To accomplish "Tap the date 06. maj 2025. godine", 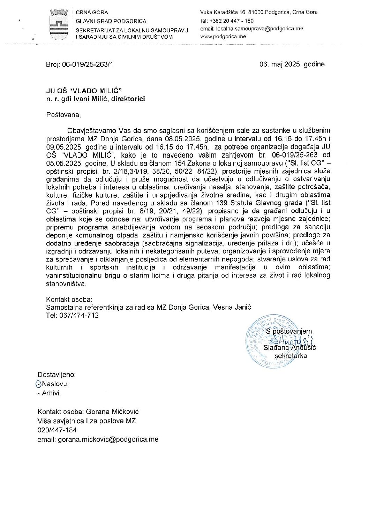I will (292, 65).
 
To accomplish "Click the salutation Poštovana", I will (60, 115).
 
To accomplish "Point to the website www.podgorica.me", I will (223, 36).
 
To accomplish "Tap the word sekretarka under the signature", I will (291, 356).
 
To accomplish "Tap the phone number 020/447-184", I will (57, 430).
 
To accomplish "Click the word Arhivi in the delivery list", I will (51, 393).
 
